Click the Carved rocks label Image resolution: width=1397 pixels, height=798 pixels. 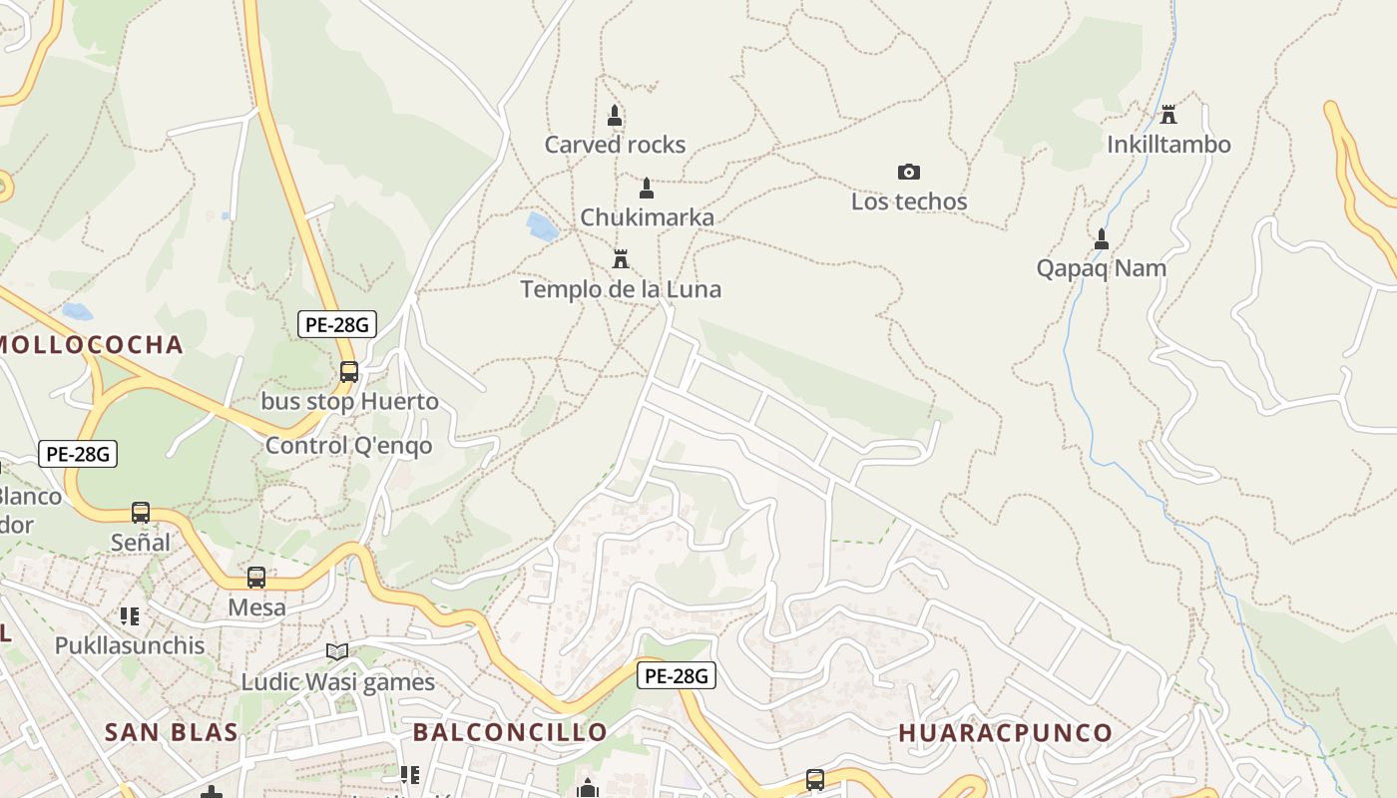point(615,145)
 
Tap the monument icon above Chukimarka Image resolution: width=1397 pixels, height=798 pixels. point(647,188)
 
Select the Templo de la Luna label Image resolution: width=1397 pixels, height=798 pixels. point(621,289)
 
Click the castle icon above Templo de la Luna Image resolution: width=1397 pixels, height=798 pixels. point(621,259)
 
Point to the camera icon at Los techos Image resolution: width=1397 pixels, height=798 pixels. point(908,172)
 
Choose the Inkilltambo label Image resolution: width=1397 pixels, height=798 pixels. point(1168,145)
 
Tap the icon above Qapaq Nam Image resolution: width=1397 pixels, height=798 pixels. point(1102,239)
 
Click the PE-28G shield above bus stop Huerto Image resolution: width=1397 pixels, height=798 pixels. point(336,323)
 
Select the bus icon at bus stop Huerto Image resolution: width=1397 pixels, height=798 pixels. point(348,371)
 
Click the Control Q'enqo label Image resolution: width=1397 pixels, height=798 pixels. point(349,445)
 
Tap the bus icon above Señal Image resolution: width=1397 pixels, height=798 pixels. point(141,512)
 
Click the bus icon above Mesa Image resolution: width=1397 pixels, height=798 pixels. point(256,577)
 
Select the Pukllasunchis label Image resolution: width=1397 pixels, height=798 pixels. point(130,645)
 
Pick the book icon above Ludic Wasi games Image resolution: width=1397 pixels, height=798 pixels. point(337,651)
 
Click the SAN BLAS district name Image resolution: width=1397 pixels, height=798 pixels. point(172,732)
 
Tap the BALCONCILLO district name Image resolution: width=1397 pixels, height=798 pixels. point(510,732)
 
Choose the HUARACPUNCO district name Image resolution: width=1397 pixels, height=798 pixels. point(1005,732)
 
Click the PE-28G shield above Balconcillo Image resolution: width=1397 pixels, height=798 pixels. point(676,675)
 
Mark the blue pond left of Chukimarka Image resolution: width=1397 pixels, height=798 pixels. point(542,226)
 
